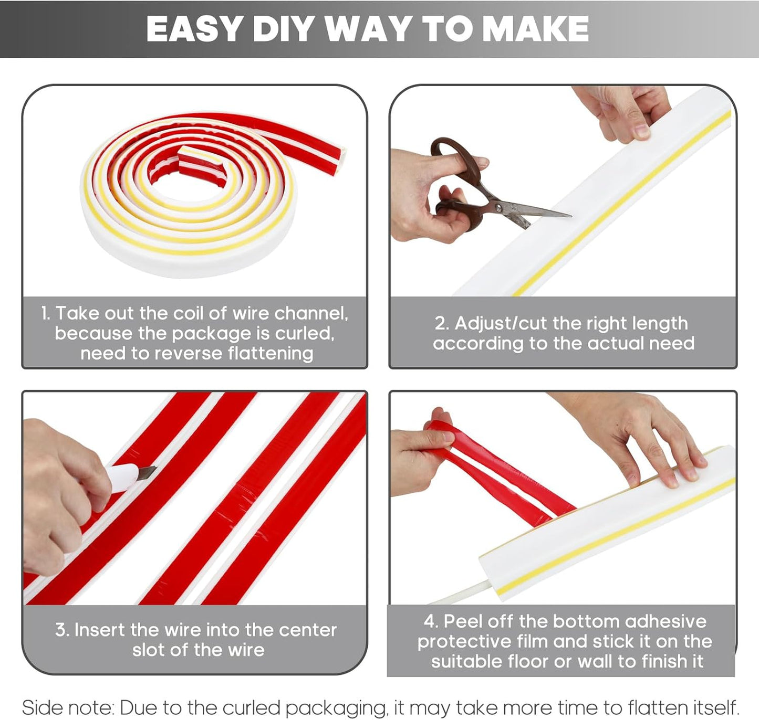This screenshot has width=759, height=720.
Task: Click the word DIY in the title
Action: (285, 29)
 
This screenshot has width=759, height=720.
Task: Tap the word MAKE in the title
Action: (535, 29)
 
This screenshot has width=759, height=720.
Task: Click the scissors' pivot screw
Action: (499, 208)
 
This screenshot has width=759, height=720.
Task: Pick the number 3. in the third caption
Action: (62, 630)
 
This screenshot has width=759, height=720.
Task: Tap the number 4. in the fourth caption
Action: (431, 621)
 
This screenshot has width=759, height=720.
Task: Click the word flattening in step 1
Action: (270, 354)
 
